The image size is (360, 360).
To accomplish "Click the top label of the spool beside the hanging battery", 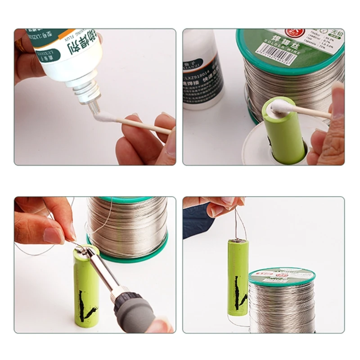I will [x=282, y=274].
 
